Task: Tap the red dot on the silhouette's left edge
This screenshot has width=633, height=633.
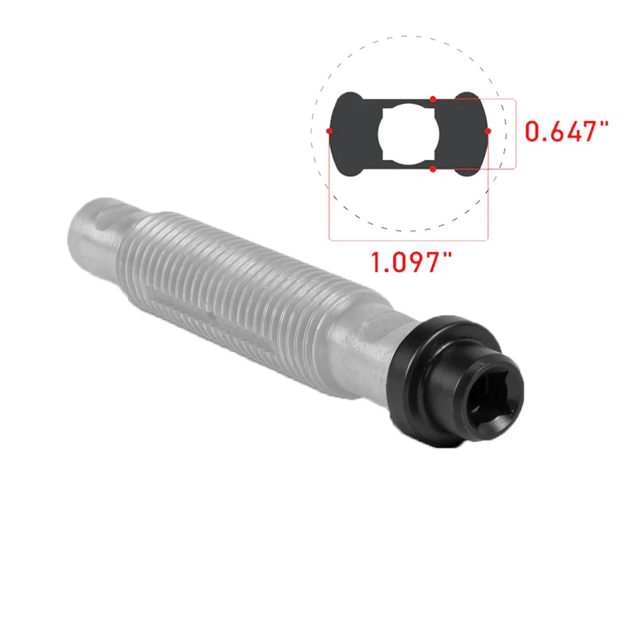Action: [x=329, y=131]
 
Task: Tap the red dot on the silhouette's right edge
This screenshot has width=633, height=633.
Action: [x=488, y=131]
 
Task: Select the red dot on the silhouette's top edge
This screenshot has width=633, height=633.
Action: [x=433, y=98]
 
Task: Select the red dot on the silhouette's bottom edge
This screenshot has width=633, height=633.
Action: [x=433, y=169]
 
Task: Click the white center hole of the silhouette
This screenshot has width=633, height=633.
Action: [x=408, y=134]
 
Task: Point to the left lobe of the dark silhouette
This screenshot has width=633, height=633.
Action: [x=348, y=134]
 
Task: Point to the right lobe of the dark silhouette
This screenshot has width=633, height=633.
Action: [x=466, y=134]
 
